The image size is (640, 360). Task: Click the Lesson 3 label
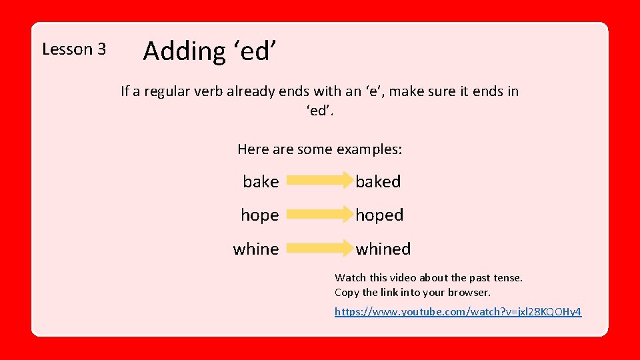(x=74, y=49)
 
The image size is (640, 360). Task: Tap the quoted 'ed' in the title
(x=253, y=51)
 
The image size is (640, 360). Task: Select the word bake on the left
(x=261, y=181)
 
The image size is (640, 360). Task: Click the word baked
(x=378, y=181)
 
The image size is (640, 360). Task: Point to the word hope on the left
(x=259, y=215)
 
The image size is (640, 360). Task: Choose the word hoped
(x=379, y=215)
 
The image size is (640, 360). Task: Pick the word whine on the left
(x=256, y=249)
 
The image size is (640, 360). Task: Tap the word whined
(x=383, y=249)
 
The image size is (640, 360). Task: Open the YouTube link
(x=458, y=311)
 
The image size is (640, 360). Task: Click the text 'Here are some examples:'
(x=319, y=149)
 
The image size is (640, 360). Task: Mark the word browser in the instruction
(x=469, y=293)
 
